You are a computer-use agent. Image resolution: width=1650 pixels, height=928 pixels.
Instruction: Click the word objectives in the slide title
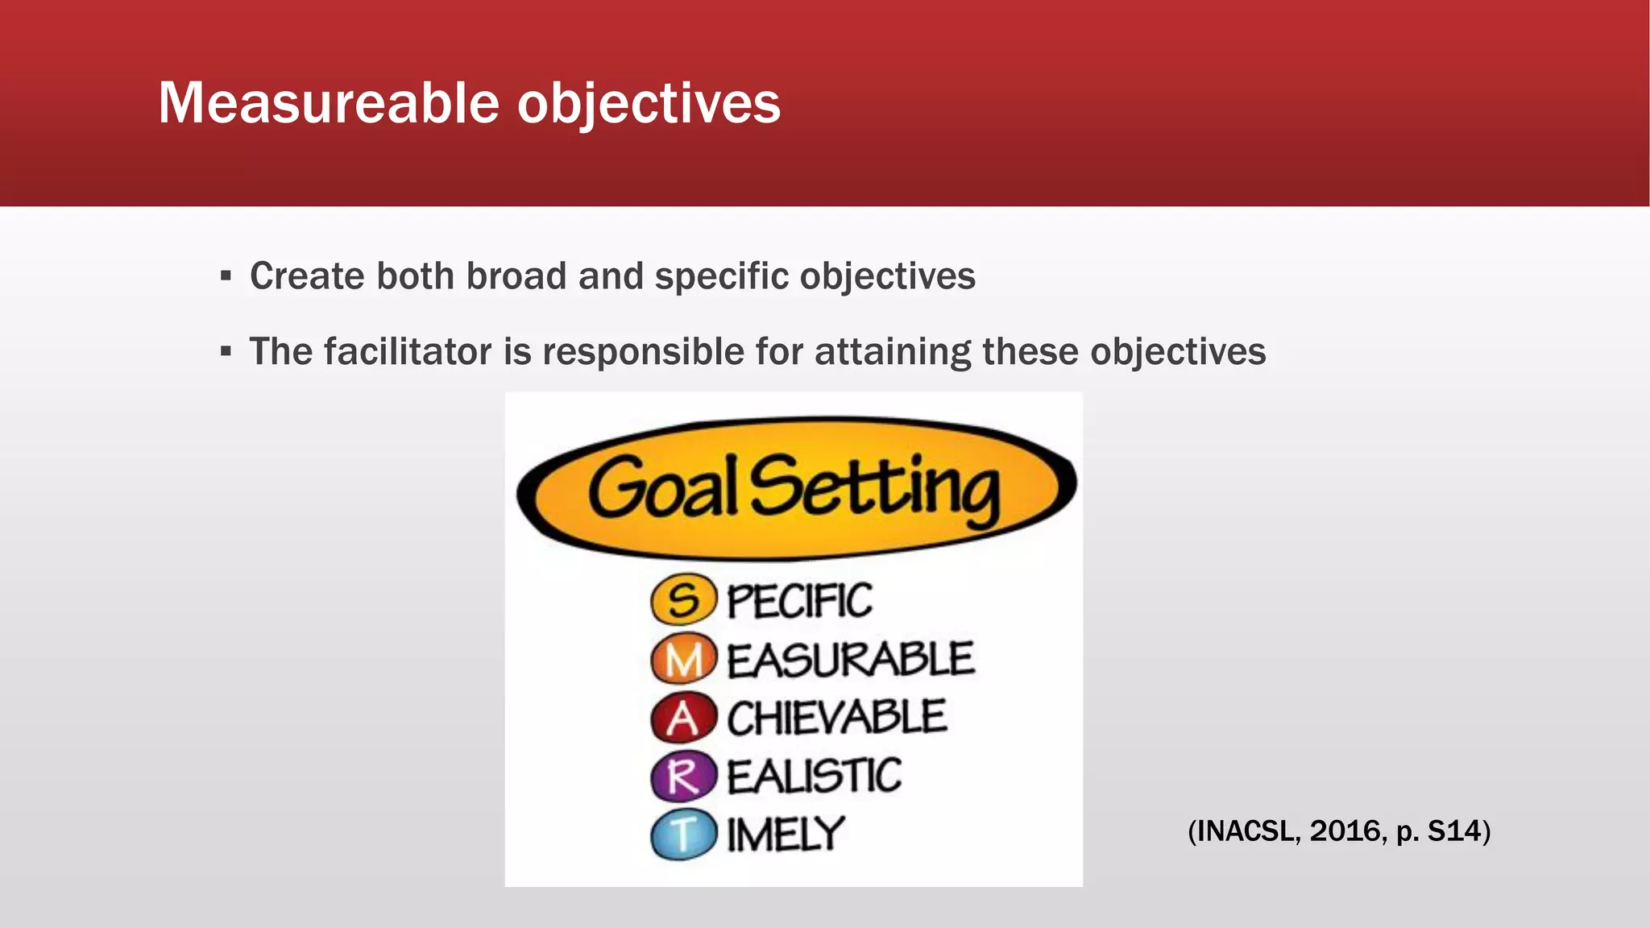click(649, 105)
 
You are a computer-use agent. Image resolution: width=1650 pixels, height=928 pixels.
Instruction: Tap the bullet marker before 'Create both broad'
click(226, 277)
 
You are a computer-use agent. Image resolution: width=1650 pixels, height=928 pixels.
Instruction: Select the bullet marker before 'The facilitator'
click(226, 352)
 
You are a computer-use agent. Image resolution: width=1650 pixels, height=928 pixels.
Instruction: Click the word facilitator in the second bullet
click(408, 352)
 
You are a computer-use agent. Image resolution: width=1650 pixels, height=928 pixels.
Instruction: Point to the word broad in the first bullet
click(516, 276)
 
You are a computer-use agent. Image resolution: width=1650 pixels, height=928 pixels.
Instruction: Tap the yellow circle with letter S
click(683, 600)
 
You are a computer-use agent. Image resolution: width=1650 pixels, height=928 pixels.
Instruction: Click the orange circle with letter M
click(683, 659)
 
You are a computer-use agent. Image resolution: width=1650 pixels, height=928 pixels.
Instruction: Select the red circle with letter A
click(683, 718)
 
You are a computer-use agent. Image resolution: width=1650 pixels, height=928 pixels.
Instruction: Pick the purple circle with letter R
click(683, 776)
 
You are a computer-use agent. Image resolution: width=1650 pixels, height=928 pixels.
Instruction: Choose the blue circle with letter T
click(683, 835)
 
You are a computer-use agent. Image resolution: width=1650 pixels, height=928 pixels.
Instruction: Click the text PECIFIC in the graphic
click(799, 601)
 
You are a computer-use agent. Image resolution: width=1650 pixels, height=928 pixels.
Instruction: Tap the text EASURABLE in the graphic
click(850, 660)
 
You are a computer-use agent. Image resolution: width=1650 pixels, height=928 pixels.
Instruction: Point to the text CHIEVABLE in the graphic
click(836, 718)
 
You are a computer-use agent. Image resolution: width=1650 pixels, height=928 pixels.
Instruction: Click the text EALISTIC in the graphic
click(814, 777)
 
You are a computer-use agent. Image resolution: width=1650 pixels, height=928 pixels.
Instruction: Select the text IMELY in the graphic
click(786, 835)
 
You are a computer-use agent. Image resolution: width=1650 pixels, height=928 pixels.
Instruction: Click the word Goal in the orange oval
click(662, 488)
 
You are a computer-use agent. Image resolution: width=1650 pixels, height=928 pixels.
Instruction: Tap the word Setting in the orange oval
click(875, 488)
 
